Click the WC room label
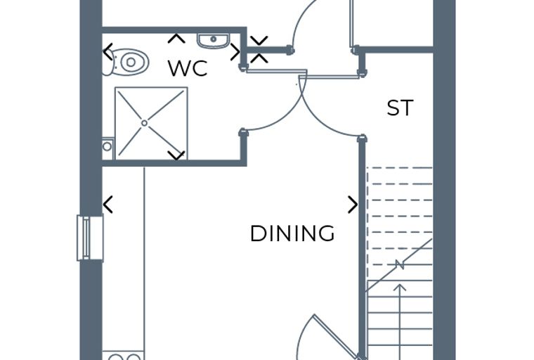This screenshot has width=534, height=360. tap(188, 68)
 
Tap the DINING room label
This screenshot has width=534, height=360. tap(292, 233)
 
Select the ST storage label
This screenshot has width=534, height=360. tap(400, 108)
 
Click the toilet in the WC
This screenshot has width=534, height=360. tap(126, 63)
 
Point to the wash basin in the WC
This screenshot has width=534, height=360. tap(213, 41)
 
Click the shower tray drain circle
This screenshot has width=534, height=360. tap(145, 123)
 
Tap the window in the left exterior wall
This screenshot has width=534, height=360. tap(90, 238)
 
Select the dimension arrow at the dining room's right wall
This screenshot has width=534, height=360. tap(353, 205)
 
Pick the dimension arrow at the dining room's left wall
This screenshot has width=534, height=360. tap(108, 205)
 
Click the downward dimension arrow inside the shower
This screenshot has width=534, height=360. tap(176, 155)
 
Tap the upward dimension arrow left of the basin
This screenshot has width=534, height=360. tap(176, 39)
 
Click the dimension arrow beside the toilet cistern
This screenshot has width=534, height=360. tap(108, 52)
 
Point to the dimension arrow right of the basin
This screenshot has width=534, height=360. tap(235, 52)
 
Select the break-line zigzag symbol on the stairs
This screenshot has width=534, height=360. tap(399, 265)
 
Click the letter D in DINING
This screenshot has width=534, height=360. tap(258, 233)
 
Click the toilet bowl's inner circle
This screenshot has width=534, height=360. tap(131, 63)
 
